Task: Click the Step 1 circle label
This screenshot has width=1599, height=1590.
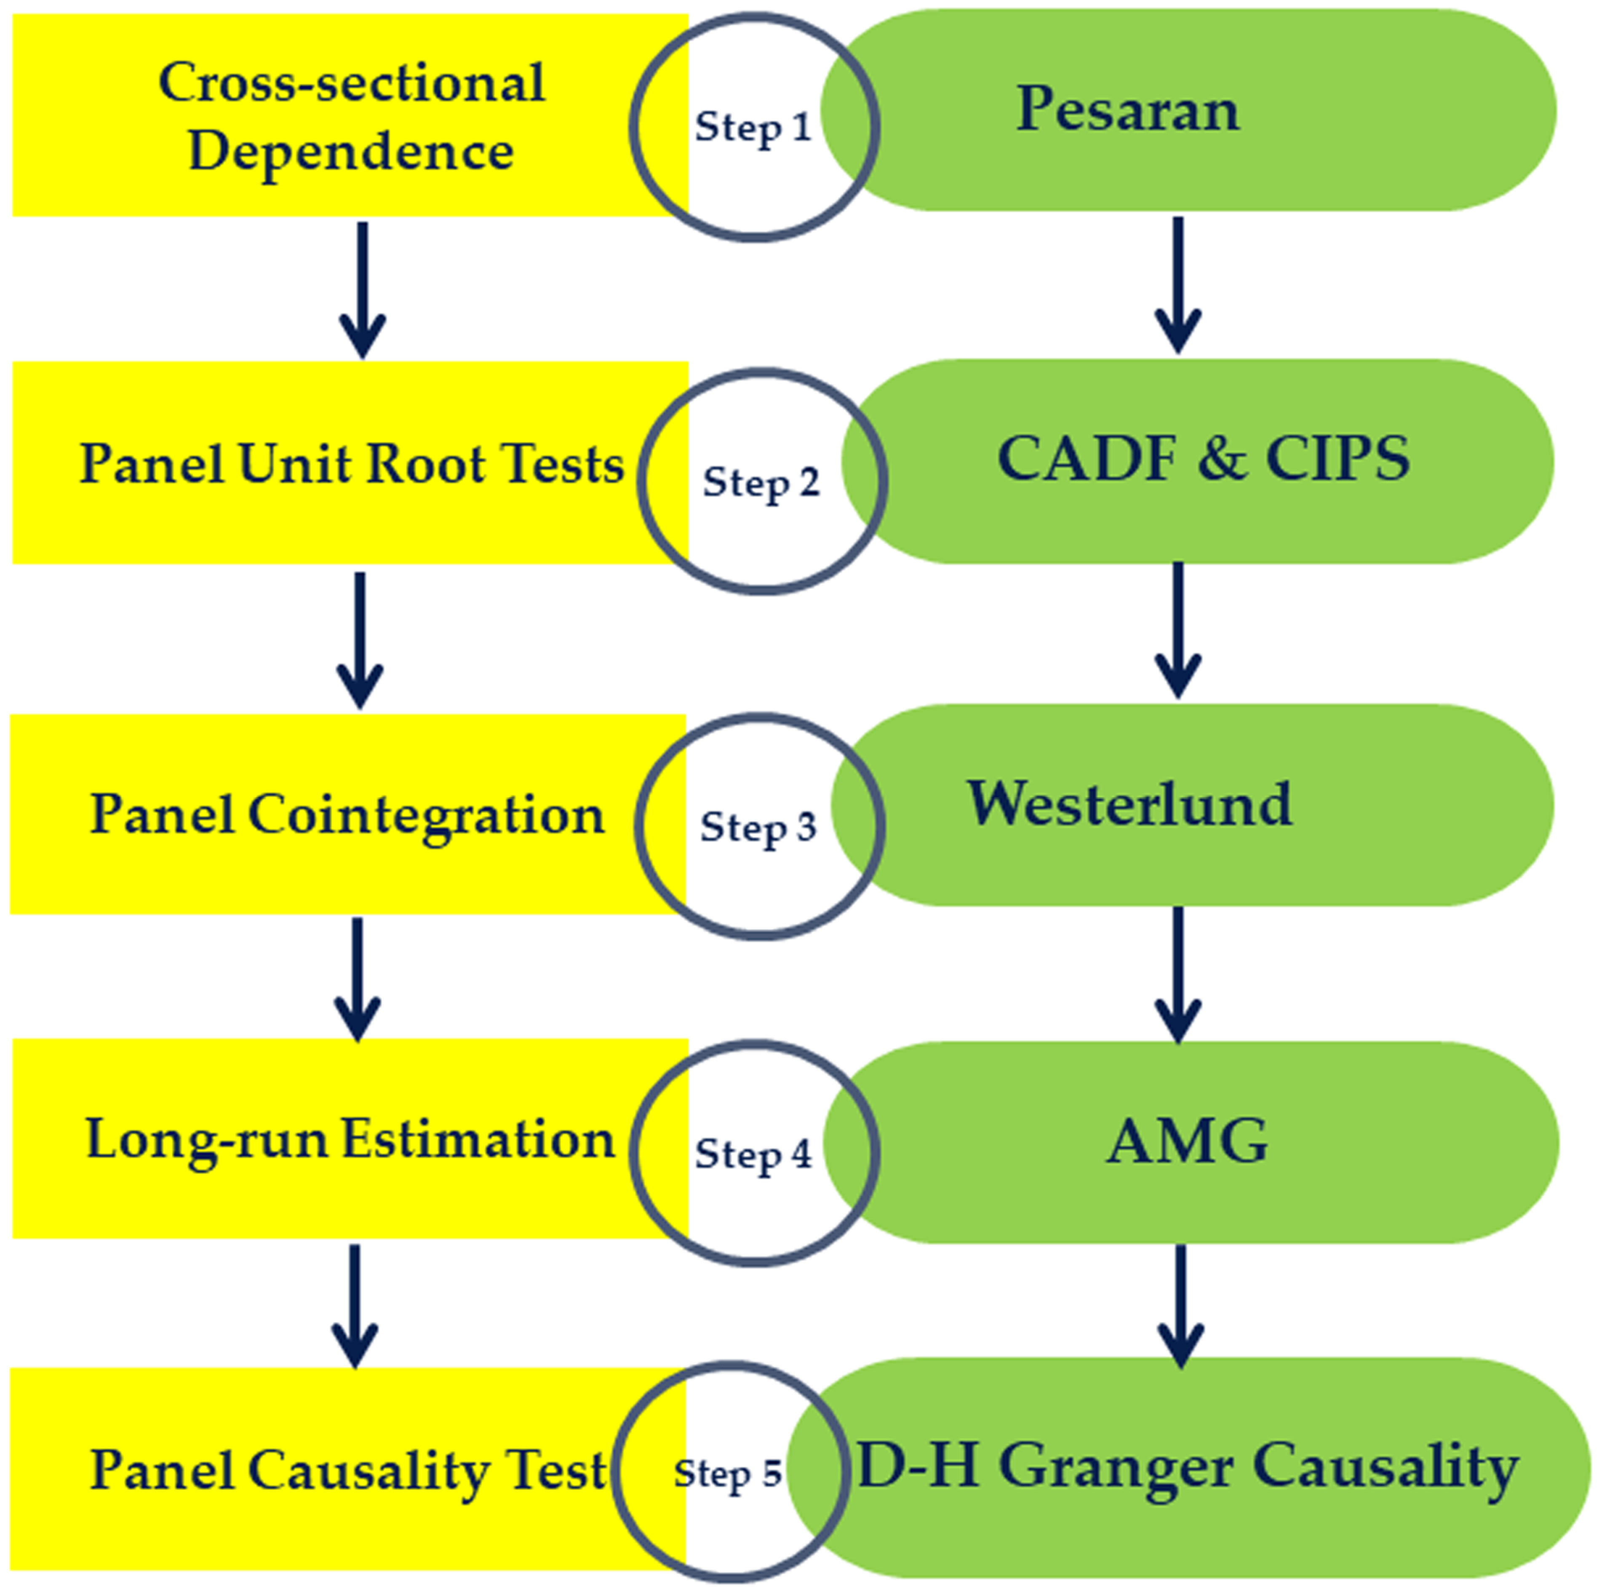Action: [x=753, y=128]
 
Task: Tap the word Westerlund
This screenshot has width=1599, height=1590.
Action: [x=1130, y=804]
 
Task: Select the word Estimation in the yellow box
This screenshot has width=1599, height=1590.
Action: [x=478, y=1140]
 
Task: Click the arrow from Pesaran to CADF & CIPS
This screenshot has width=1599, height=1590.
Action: [x=1178, y=286]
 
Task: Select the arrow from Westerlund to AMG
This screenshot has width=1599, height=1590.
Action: [x=1178, y=975]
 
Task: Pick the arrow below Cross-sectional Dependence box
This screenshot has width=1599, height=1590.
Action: [x=363, y=290]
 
